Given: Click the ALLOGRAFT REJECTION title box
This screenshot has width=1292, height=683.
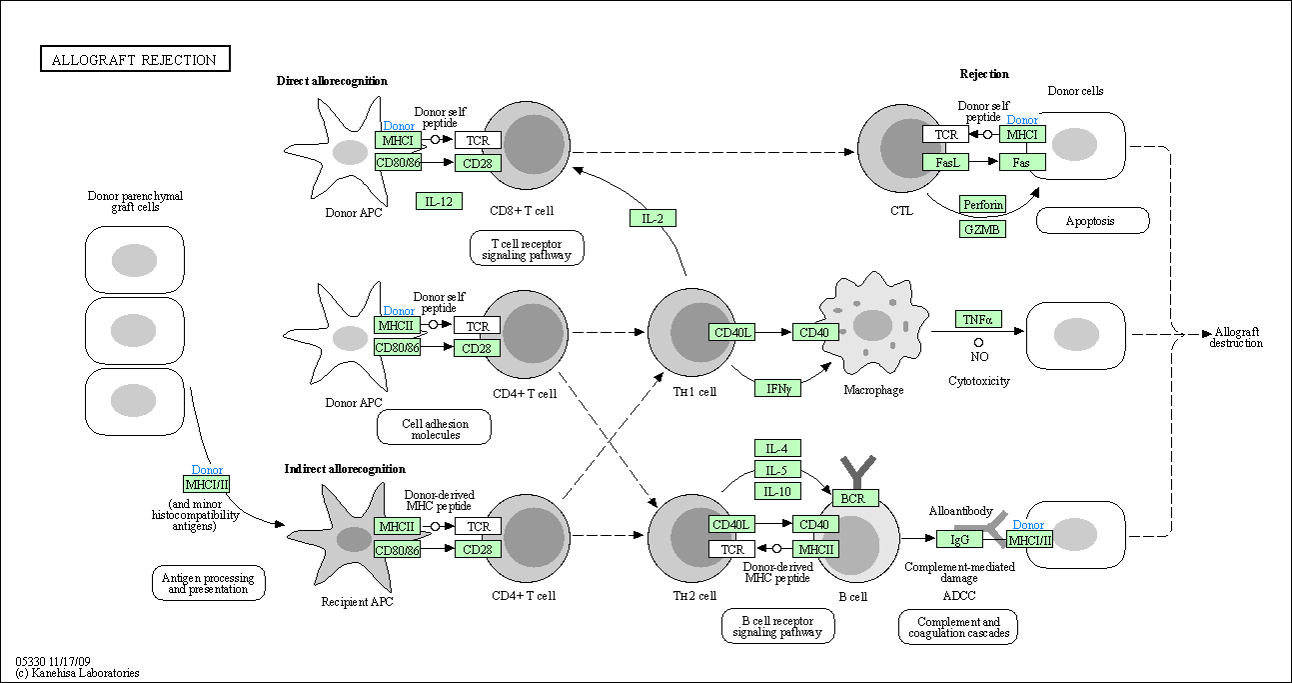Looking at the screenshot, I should pos(134,60).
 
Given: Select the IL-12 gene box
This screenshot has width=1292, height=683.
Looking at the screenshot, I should pos(439,201).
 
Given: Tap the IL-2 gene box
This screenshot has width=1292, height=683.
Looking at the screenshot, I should pos(652,218).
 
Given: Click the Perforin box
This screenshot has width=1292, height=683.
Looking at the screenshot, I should pos(982,205).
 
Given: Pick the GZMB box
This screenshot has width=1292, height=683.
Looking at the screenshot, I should pos(982,229).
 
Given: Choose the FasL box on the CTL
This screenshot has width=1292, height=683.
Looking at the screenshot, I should pos(945,162).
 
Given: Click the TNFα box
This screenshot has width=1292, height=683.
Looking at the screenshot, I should pos(977,320).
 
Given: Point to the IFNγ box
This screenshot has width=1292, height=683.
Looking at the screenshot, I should pos(777,388).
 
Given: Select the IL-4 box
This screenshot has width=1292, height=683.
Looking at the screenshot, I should pos(776,448).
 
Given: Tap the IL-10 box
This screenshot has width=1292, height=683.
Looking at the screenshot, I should pos(776,491).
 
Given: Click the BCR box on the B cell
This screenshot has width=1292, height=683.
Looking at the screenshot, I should pos(855,497).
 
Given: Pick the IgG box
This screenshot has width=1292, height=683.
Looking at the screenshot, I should pos(959,540).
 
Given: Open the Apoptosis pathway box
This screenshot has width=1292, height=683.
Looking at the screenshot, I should pos(1092,221).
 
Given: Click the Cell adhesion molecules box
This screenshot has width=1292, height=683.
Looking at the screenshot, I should pos(435,428).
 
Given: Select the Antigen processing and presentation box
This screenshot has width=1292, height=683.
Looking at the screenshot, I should pos(209,583).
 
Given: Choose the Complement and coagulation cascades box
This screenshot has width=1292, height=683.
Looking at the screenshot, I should pos(957,627).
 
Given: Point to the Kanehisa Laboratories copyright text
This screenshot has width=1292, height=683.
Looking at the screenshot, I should pos(77,673).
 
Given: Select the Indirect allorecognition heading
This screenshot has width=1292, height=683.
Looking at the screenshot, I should pos(345,469).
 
